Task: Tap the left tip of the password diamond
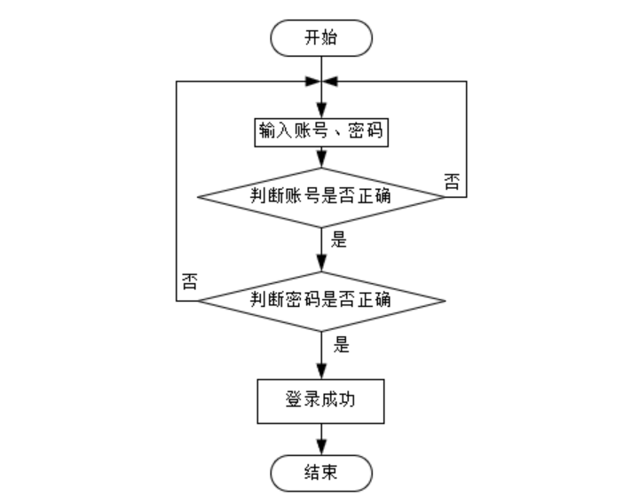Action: tap(197, 301)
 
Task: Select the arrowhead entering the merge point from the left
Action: tap(312, 81)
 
